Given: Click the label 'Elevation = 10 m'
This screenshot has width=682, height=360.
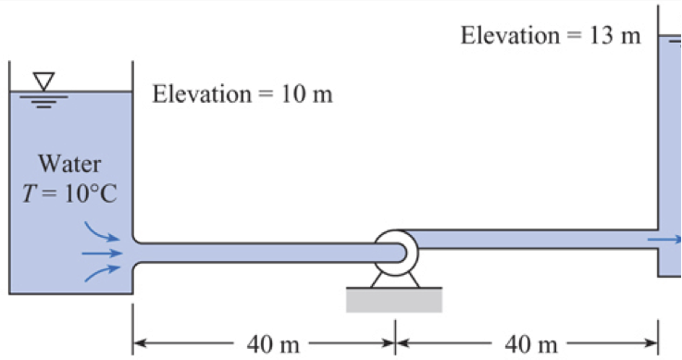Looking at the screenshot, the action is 242,94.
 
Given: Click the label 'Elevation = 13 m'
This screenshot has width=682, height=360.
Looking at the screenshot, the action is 551,36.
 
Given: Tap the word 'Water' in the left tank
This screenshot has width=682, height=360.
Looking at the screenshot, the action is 70,166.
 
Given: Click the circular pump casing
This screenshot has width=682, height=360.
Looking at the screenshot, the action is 396,250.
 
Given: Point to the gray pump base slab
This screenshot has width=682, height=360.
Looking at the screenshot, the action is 394,299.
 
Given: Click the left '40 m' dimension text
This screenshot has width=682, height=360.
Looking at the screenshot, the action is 273,345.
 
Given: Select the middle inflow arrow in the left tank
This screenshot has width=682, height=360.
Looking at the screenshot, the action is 102,251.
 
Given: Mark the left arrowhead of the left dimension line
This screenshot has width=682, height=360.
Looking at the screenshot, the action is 139,345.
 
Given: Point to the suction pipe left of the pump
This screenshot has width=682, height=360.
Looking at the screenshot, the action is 259,251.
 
